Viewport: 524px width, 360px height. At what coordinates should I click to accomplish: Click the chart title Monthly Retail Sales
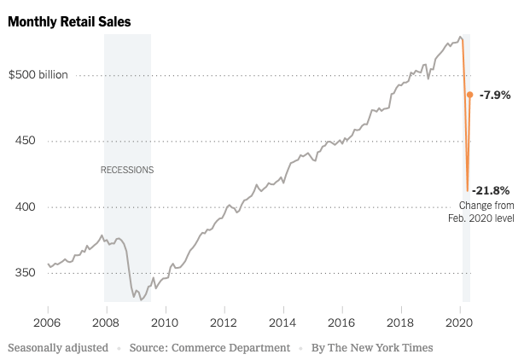click(70, 22)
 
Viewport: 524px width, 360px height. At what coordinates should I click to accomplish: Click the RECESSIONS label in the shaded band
click(127, 170)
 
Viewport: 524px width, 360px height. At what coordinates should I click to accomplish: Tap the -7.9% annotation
click(495, 95)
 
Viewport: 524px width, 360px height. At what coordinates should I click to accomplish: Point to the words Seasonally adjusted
click(58, 347)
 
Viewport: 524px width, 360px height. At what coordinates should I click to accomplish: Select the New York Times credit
click(372, 347)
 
